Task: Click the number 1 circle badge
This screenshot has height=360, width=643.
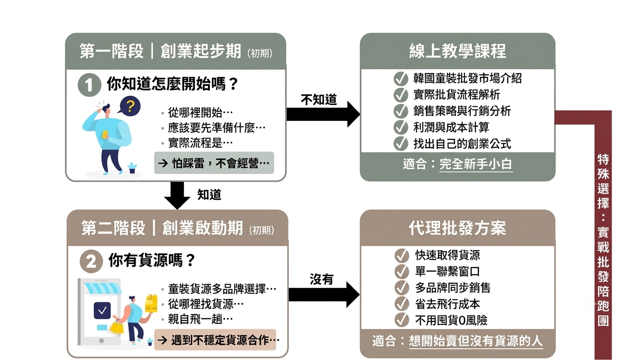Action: click(89, 85)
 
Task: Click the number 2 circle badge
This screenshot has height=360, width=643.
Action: click(91, 261)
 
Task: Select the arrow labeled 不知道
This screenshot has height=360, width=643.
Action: click(323, 114)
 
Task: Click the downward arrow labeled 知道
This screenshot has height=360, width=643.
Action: click(177, 195)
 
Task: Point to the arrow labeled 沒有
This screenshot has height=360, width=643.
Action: click(324, 294)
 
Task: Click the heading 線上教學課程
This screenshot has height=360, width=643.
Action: click(457, 52)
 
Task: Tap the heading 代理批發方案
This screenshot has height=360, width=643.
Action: click(457, 228)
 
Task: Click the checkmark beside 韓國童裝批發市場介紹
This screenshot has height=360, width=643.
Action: click(401, 79)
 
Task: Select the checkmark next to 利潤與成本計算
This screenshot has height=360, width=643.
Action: click(401, 127)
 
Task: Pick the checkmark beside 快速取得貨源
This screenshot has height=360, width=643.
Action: click(402, 255)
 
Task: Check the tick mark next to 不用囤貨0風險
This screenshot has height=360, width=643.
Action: click(402, 320)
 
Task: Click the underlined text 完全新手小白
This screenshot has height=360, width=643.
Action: click(476, 165)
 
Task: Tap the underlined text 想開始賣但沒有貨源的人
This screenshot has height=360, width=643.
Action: click(476, 341)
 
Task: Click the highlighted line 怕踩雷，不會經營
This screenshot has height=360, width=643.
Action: click(214, 163)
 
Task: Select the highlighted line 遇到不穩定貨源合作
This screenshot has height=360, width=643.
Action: click(215, 340)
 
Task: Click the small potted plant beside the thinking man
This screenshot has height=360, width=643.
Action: click(132, 168)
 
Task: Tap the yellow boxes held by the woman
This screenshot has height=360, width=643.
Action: click(151, 303)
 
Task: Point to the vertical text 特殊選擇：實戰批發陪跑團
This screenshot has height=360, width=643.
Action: click(603, 240)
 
